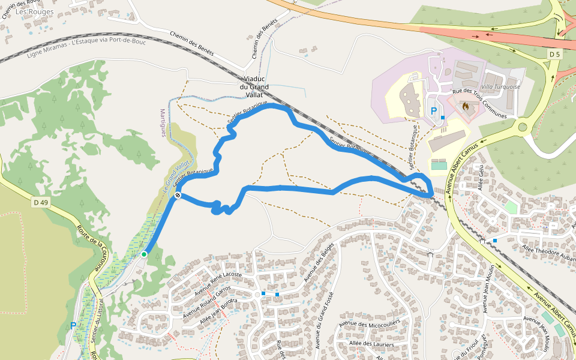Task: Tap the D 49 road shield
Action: coord(41,203)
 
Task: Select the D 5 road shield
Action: coord(554,54)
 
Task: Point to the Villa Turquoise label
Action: coord(500,86)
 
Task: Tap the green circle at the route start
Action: coord(144,254)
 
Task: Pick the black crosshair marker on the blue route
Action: coord(178,196)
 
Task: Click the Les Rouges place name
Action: coord(34,11)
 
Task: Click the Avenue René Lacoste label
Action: coord(218,283)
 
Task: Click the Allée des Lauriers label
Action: coord(371,344)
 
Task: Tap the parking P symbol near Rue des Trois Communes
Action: coord(434,111)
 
